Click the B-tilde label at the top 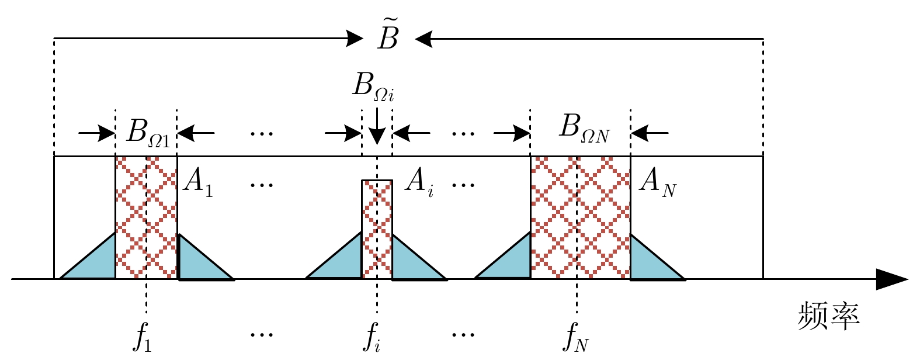(x=388, y=36)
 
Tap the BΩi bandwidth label (x=373, y=87)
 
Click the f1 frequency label (x=143, y=336)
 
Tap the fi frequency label (x=372, y=336)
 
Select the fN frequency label (x=576, y=336)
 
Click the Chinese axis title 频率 (x=828, y=316)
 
